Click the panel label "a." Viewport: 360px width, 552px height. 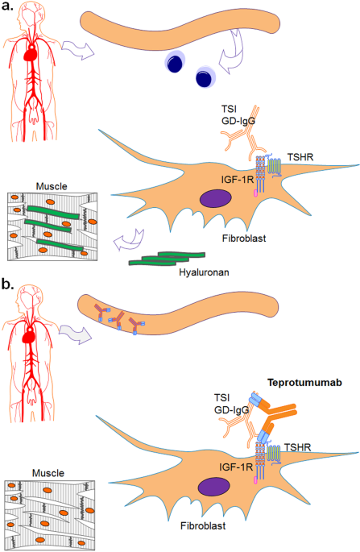tap(11, 10)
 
